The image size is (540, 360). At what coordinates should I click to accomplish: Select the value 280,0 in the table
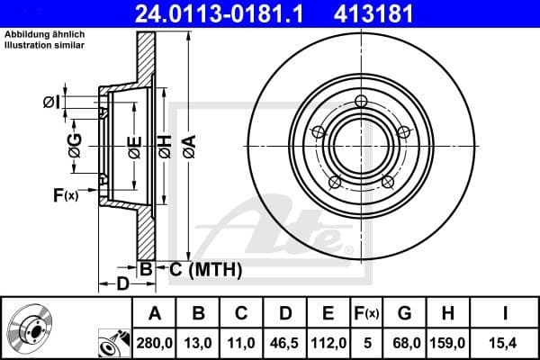point(154,342)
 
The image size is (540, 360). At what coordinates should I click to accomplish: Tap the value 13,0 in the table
point(198,342)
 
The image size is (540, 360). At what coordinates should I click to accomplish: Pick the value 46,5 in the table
point(284,342)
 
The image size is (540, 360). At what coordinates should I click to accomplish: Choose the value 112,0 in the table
point(328,342)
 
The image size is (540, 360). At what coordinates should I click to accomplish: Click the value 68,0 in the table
point(405,342)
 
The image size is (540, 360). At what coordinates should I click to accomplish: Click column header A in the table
point(154,314)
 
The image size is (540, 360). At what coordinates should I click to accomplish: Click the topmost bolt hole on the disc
point(362,100)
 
